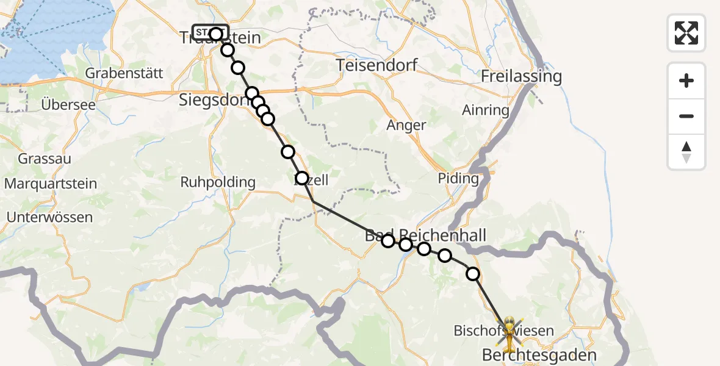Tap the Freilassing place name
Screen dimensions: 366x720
pyautogui.click(x=521, y=77)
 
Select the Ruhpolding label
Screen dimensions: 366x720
pyautogui.click(x=218, y=182)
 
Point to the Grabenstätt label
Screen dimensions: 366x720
pyautogui.click(x=124, y=73)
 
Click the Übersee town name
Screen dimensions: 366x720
pyautogui.click(x=68, y=104)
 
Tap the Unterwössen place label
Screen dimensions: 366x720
pyautogui.click(x=49, y=217)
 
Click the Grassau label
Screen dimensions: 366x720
pyautogui.click(x=45, y=159)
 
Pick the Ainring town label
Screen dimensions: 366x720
pyautogui.click(x=486, y=110)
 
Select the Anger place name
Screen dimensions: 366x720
pyautogui.click(x=406, y=126)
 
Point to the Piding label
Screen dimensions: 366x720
pyautogui.click(x=458, y=179)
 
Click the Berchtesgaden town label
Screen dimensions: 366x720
pyautogui.click(x=539, y=354)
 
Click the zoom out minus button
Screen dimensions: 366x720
pyautogui.click(x=686, y=116)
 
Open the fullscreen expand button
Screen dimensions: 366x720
pyautogui.click(x=686, y=33)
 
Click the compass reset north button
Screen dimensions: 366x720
pyautogui.click(x=686, y=152)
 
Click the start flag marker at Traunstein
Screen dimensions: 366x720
pyautogui.click(x=210, y=32)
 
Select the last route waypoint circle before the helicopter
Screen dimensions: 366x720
pyautogui.click(x=473, y=274)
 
